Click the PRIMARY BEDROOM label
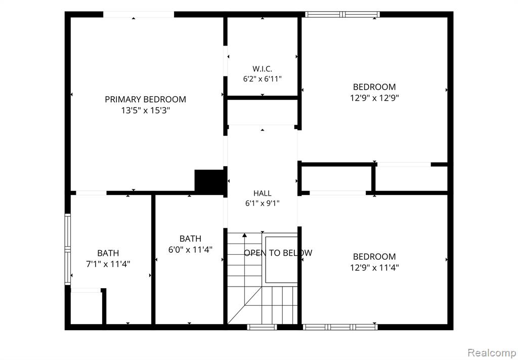[145, 99]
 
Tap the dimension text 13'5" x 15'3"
[145, 110]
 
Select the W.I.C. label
[263, 69]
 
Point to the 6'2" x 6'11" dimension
[263, 79]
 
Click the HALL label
[263, 193]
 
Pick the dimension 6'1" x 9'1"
[263, 204]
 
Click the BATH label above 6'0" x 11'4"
[190, 238]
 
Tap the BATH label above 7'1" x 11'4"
[108, 253]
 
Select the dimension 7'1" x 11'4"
[108, 264]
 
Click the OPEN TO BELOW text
[278, 253]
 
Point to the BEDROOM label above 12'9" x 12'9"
[374, 87]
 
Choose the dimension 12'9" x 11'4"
[374, 267]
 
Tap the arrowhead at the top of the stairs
[244, 235]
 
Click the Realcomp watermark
[492, 352]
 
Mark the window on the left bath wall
[67, 249]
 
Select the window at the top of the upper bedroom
[342, 14]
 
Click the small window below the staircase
[262, 327]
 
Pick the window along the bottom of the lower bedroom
[340, 327]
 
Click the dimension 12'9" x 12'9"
[374, 98]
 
